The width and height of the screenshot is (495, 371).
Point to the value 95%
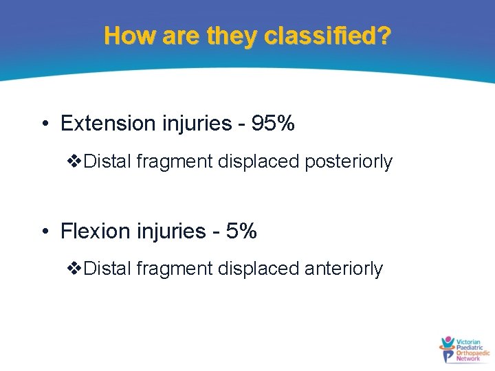273,124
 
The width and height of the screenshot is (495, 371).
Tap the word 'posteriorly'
349,162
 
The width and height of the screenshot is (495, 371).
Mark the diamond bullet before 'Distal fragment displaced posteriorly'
76,162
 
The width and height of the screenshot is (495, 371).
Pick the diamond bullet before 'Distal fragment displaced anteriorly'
76,269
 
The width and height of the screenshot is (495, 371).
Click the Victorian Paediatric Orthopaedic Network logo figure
448,349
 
